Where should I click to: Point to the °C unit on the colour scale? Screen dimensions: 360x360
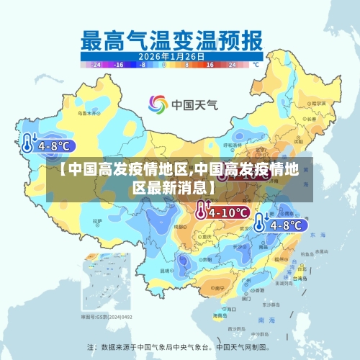(254, 64)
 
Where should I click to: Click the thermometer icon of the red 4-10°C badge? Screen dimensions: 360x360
(200, 210)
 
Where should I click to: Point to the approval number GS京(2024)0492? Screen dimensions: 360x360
(106, 316)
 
